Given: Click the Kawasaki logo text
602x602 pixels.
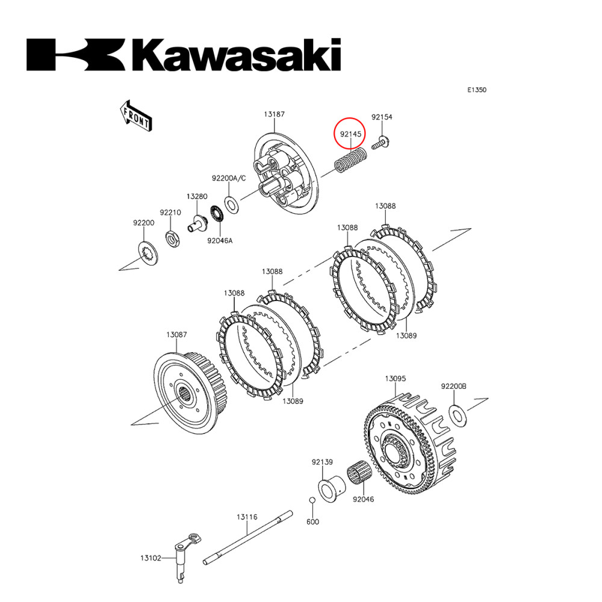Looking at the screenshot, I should [x=184, y=55].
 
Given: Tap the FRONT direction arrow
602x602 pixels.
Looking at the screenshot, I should [x=135, y=114].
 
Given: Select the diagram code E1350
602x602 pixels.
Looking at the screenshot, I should [x=477, y=90].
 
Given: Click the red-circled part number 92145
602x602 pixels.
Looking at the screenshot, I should [x=350, y=134].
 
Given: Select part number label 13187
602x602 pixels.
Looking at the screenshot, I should [x=273, y=114].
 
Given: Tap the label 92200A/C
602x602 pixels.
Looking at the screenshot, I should [x=229, y=178].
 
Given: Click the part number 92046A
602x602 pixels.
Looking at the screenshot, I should [x=220, y=241].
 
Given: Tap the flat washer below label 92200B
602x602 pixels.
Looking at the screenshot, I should [x=457, y=414].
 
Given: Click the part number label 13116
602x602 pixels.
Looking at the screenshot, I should [x=247, y=517].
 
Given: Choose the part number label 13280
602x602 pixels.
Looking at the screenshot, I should [x=197, y=196].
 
